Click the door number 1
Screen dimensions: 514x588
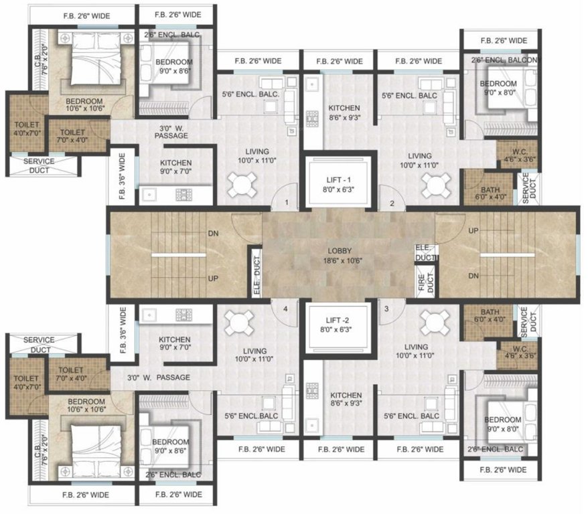pos(286,203)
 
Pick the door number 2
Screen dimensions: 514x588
pos(392,203)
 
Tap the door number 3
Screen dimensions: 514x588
pos(386,309)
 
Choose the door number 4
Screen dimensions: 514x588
pos(285,309)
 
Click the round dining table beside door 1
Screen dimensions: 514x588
pos(240,183)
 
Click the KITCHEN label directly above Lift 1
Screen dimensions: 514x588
pos(344,108)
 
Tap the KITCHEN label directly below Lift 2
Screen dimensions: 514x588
pos(344,396)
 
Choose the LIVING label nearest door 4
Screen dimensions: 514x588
pos(255,351)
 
